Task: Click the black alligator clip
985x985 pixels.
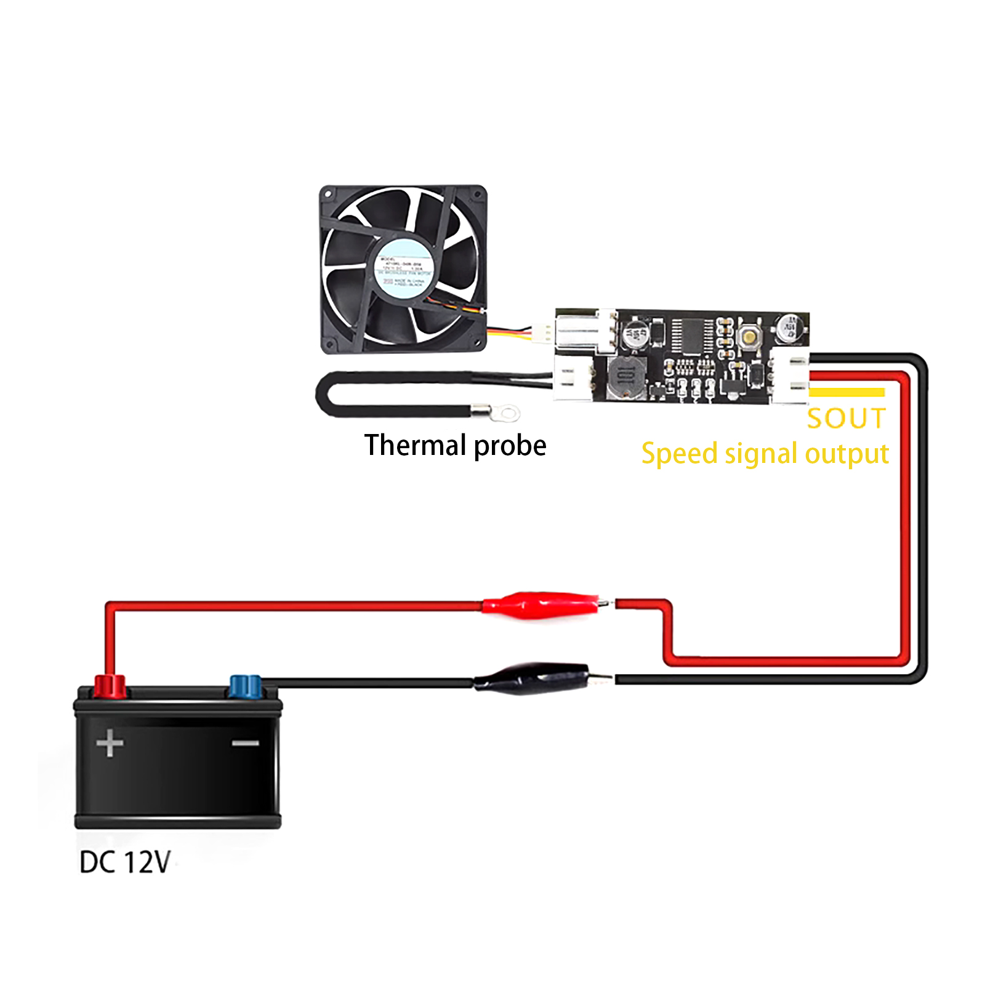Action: pyautogui.click(x=533, y=678)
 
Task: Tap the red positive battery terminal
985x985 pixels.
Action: pyautogui.click(x=110, y=685)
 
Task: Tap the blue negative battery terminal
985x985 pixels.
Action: pyautogui.click(x=245, y=686)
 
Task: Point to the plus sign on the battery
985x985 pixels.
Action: pyautogui.click(x=110, y=743)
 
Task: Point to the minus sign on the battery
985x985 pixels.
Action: pyautogui.click(x=245, y=743)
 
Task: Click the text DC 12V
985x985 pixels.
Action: pyautogui.click(x=125, y=862)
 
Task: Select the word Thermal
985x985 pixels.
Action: pyautogui.click(x=416, y=445)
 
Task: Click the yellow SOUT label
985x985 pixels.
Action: pyautogui.click(x=846, y=419)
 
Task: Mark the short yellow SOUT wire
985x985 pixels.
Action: pyautogui.click(x=846, y=392)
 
